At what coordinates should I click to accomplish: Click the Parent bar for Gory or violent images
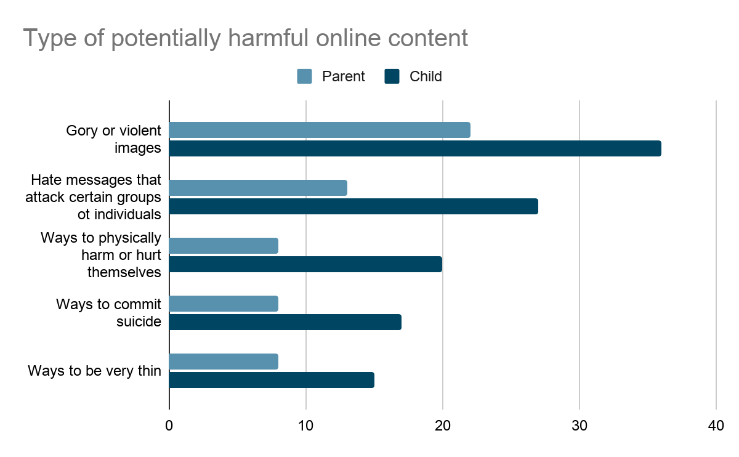pyautogui.click(x=320, y=130)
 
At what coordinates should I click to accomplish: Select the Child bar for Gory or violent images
pyautogui.click(x=415, y=148)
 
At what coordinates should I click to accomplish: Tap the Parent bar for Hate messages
pyautogui.click(x=258, y=188)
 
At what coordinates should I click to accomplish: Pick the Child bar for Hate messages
pyautogui.click(x=353, y=206)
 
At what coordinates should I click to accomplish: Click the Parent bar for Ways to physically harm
pyautogui.click(x=224, y=246)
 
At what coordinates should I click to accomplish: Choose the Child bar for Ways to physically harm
pyautogui.click(x=305, y=264)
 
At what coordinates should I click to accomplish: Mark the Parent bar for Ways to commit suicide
pyautogui.click(x=224, y=304)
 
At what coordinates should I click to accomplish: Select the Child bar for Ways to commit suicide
pyautogui.click(x=285, y=322)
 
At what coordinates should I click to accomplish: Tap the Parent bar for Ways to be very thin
pyautogui.click(x=224, y=362)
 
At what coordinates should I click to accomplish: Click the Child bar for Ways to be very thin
pyautogui.click(x=272, y=380)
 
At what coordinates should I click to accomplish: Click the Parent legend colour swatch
pyautogui.click(x=305, y=76)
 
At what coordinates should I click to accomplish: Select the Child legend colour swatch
pyautogui.click(x=392, y=76)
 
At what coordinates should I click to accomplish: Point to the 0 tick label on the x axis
pyautogui.click(x=169, y=426)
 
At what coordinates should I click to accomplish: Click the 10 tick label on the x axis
pyautogui.click(x=306, y=426)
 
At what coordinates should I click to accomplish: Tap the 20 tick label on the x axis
pyautogui.click(x=443, y=426)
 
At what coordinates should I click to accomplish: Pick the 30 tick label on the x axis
pyautogui.click(x=579, y=426)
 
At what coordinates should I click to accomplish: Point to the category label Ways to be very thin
pyautogui.click(x=94, y=371)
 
